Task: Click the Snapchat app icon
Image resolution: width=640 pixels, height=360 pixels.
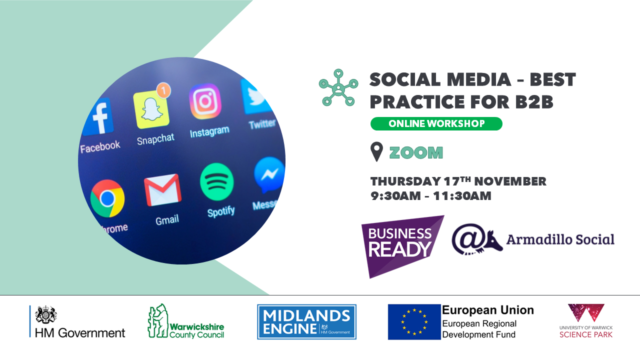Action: tap(151, 109)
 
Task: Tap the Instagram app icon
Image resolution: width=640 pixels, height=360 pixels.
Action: tap(205, 101)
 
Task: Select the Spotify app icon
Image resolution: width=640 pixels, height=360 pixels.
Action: tap(217, 182)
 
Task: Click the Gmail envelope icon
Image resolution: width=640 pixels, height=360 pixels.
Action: tap(162, 189)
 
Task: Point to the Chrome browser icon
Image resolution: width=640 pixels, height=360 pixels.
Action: tap(107, 198)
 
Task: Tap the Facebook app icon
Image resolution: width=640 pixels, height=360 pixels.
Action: tap(98, 116)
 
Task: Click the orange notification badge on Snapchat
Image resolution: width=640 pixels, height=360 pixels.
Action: tap(163, 90)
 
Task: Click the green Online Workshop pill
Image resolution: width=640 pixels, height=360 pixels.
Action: tap(436, 123)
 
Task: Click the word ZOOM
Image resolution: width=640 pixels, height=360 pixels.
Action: tap(416, 152)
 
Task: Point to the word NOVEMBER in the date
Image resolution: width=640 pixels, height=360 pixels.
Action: tap(510, 181)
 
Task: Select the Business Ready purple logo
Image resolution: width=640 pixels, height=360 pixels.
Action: tap(402, 246)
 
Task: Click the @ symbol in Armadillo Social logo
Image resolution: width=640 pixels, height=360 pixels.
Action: tap(467, 238)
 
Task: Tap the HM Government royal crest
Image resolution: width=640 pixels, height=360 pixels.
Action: tap(45, 314)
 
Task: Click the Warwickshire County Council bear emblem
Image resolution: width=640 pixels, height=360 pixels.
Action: tap(158, 320)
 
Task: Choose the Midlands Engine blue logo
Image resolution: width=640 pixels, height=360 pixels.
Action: tap(306, 321)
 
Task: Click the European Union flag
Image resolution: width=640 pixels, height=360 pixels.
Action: tap(414, 321)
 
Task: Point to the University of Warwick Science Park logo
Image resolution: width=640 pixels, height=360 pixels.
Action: tap(586, 321)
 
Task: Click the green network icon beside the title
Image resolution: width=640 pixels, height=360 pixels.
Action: tap(338, 87)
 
